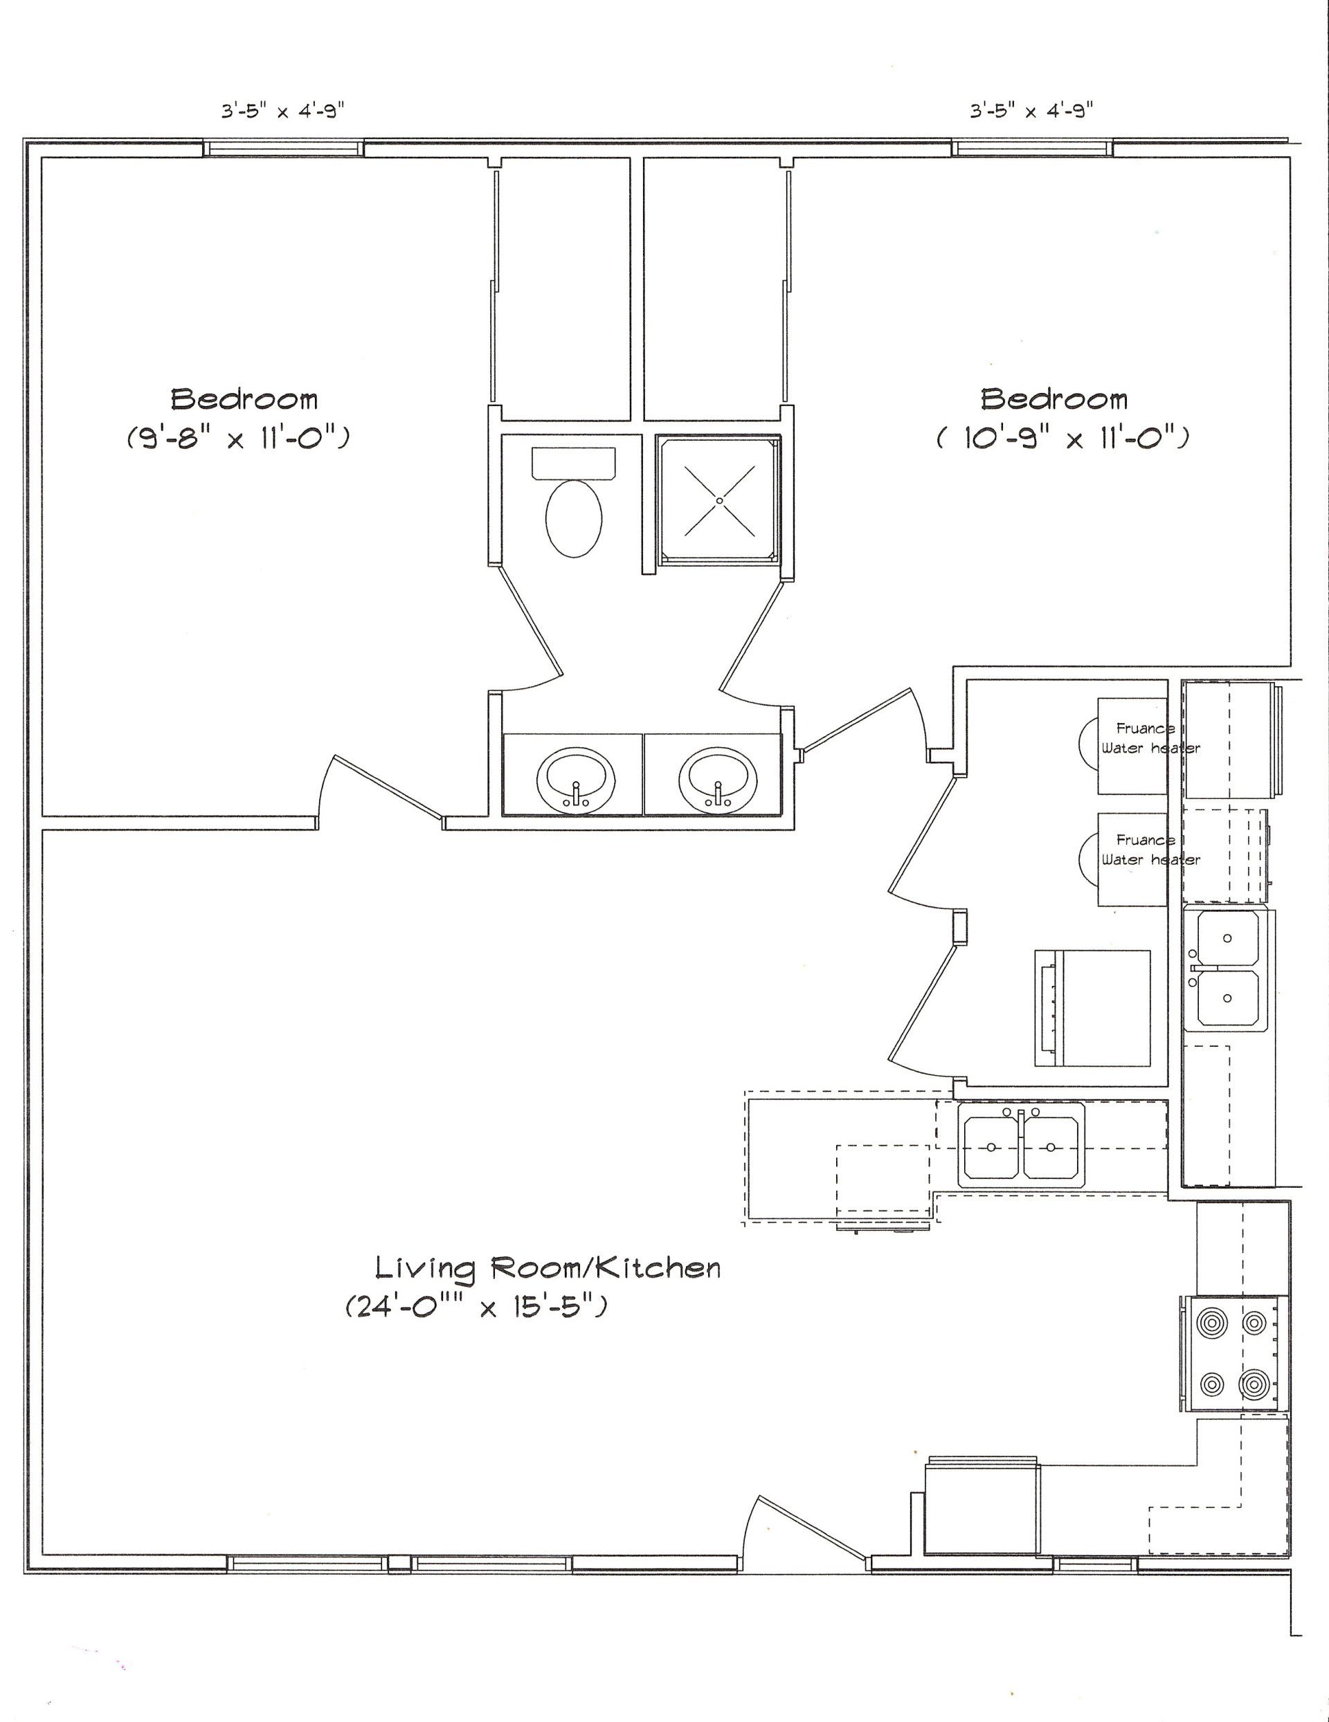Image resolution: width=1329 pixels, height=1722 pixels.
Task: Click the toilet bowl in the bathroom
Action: point(573,518)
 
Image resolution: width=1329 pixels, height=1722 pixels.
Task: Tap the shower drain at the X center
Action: point(718,500)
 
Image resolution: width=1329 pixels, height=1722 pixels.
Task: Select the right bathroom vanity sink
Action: point(718,778)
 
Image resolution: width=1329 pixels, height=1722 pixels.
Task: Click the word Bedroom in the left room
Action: point(244,399)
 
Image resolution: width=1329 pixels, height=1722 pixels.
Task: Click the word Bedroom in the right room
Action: point(1054,399)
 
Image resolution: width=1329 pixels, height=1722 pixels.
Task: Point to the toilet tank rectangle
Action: point(573,463)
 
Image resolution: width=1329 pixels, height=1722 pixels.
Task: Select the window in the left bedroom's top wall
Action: point(284,148)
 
